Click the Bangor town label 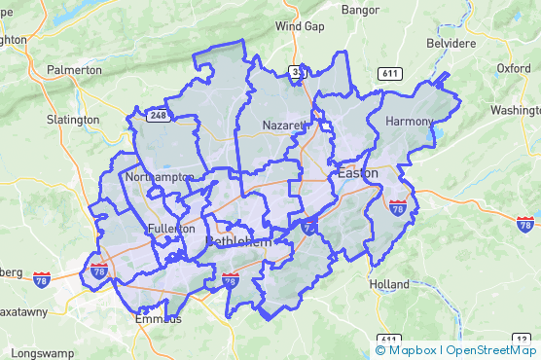click(x=360, y=10)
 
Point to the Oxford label click(x=513, y=69)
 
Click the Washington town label click(x=516, y=111)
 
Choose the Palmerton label click(x=73, y=70)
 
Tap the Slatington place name click(x=72, y=120)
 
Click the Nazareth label click(x=285, y=126)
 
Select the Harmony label click(x=408, y=122)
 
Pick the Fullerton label click(x=171, y=229)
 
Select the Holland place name click(x=389, y=284)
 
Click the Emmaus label click(x=158, y=318)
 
